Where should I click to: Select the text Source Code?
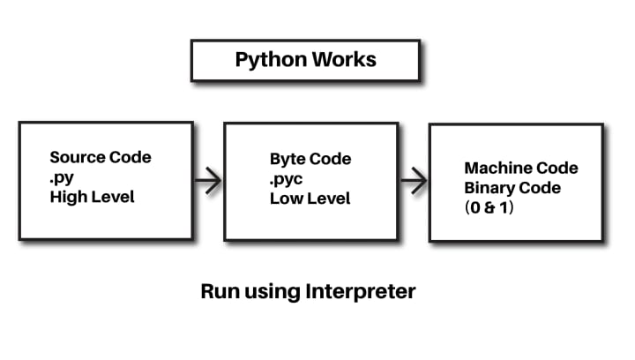click(x=101, y=158)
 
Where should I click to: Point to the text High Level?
click(x=93, y=197)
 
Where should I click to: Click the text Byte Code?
click(x=310, y=160)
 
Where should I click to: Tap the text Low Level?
click(x=310, y=199)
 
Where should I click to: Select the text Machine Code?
click(x=521, y=168)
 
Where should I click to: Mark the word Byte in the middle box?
click(x=288, y=160)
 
